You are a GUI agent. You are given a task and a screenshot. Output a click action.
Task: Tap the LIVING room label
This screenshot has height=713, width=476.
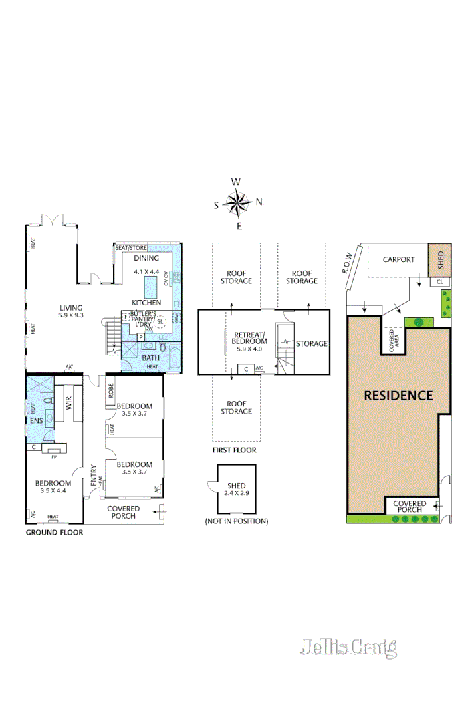point(70,308)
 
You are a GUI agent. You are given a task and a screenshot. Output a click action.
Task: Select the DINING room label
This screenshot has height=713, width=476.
point(146,258)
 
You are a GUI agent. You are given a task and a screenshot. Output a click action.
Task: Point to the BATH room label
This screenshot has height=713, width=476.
point(151,358)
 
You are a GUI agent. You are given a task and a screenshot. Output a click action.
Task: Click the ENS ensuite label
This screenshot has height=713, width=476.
point(37,421)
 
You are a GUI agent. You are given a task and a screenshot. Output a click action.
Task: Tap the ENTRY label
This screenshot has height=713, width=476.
point(94,475)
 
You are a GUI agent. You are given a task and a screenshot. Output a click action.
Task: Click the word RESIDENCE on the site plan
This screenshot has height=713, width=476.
point(398,395)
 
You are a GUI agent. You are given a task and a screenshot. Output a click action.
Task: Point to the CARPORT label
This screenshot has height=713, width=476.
point(398,260)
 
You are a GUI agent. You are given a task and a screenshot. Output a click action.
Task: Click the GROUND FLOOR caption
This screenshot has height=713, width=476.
point(54,533)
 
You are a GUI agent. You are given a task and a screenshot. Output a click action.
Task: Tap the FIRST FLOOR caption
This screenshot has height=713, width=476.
point(234,450)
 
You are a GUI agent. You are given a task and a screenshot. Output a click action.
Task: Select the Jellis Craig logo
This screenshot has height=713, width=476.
point(348,647)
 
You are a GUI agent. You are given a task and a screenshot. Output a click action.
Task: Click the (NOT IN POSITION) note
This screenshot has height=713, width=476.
point(237,521)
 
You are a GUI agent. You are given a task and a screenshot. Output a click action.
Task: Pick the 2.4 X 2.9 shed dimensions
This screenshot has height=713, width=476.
point(237,494)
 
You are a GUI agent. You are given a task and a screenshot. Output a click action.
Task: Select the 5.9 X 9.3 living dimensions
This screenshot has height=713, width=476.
point(70,316)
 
